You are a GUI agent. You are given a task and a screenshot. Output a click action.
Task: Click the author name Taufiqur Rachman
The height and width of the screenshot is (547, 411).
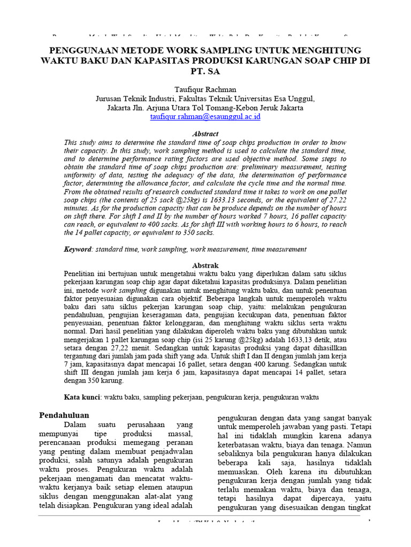205,89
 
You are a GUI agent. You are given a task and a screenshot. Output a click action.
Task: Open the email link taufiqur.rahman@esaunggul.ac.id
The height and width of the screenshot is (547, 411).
205,116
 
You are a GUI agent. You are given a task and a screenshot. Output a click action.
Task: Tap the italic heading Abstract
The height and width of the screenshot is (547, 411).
205,134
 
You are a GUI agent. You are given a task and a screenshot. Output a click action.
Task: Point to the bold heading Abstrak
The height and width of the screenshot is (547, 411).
205,265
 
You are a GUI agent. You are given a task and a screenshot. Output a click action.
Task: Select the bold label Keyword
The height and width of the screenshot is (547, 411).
77,249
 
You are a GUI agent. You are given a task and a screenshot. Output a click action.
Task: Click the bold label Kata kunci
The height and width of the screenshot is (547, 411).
83,397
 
